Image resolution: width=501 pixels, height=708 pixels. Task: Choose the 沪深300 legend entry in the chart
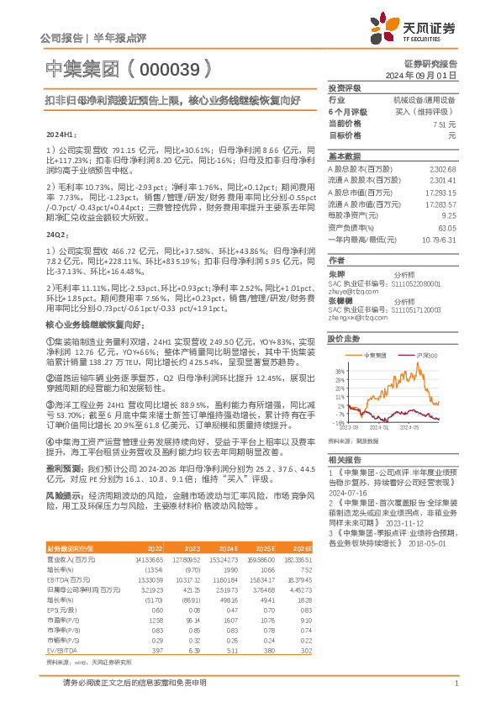coord(428,356)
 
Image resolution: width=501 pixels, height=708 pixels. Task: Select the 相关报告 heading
coord(345,461)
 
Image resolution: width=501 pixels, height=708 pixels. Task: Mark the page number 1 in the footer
coord(456,683)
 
